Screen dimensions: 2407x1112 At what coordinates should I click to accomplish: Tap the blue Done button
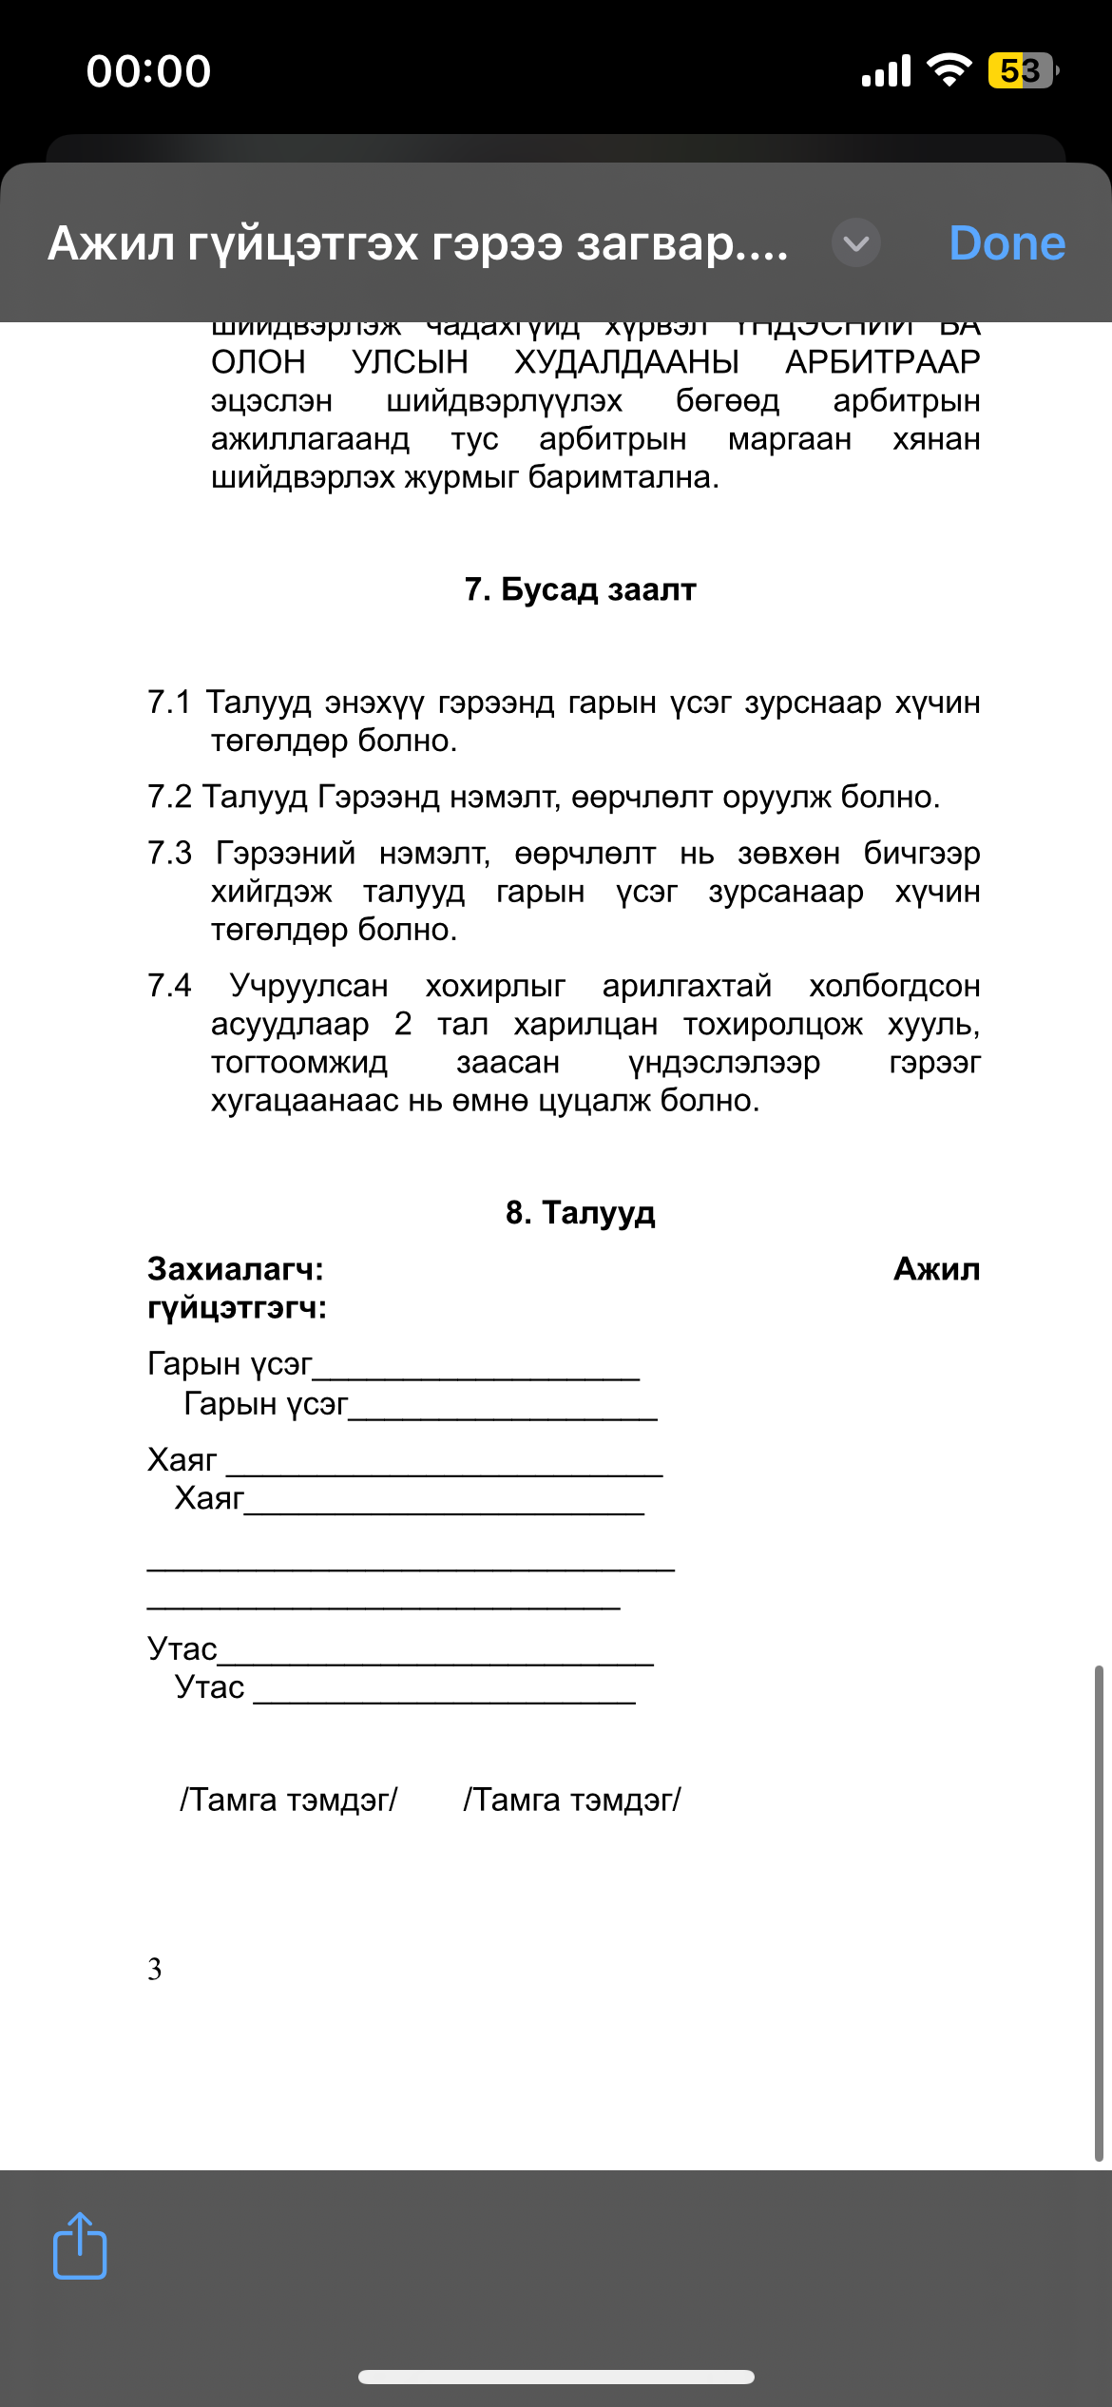pos(1007,243)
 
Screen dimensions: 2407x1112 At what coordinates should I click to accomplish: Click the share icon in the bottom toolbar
pos(80,2246)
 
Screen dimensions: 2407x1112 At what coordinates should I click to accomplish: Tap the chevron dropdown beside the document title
pos(855,243)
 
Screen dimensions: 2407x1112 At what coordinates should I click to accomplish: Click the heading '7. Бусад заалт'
pos(580,589)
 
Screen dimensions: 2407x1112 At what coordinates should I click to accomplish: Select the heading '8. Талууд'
pos(580,1213)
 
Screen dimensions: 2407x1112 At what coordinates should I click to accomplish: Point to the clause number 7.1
pos(169,703)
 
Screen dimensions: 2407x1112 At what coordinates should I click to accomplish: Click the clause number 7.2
pos(169,797)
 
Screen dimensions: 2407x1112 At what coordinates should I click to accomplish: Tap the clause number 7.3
pos(169,853)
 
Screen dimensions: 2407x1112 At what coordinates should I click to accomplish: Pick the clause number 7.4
pos(169,986)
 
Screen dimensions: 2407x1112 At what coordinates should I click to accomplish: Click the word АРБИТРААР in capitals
pos(882,362)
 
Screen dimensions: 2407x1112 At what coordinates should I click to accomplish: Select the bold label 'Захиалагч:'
pos(236,1269)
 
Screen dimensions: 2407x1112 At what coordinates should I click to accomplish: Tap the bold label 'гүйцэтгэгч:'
pos(237,1308)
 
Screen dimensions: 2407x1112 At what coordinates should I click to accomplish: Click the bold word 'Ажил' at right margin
pos(936,1269)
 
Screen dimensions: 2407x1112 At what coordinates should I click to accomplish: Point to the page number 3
pos(154,1970)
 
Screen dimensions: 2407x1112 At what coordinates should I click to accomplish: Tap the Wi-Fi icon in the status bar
pos(949,70)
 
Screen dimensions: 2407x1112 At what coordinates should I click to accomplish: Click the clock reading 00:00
pos(149,71)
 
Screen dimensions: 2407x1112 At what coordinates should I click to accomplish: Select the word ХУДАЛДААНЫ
pos(626,362)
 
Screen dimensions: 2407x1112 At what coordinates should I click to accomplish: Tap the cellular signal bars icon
pos(886,70)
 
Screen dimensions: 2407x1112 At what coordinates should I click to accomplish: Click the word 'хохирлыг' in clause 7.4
pos(495,986)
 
